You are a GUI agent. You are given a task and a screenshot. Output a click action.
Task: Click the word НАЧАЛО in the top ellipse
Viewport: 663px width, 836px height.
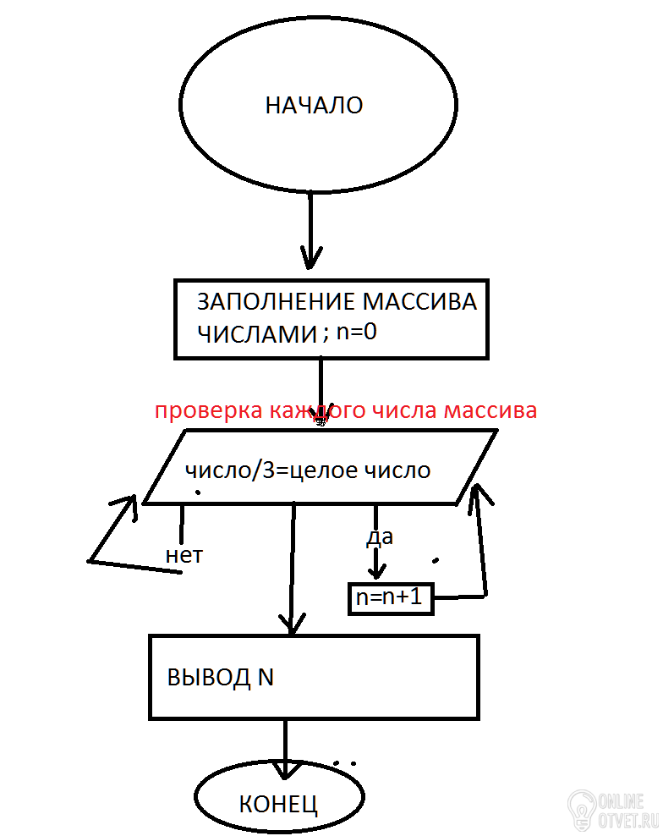tap(314, 106)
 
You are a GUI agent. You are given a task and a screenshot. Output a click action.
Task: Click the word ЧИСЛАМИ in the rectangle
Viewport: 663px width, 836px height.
tap(257, 334)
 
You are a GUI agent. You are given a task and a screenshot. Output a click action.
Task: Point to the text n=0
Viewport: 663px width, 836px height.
tap(357, 333)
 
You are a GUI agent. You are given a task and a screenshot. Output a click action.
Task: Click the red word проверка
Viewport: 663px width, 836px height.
tap(208, 411)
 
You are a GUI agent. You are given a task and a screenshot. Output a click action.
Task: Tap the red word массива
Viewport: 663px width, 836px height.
tap(490, 410)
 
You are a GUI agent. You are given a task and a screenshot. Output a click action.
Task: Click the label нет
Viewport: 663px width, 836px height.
tap(184, 556)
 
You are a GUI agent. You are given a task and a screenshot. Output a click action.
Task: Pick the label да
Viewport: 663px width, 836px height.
tap(380, 537)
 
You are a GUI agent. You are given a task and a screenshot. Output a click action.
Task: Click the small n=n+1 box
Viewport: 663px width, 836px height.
tap(391, 599)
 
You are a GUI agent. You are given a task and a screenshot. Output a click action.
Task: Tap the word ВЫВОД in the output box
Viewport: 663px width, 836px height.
tap(208, 678)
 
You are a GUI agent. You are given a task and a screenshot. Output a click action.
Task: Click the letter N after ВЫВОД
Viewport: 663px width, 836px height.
tap(266, 678)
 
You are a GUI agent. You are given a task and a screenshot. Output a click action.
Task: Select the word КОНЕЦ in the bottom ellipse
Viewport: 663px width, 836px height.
tap(278, 804)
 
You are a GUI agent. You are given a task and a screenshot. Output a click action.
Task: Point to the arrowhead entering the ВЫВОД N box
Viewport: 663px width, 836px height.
tap(292, 624)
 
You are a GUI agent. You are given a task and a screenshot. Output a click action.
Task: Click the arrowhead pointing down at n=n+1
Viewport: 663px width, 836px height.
tap(376, 571)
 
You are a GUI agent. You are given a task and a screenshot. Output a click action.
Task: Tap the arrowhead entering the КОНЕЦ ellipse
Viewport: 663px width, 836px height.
tap(286, 770)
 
